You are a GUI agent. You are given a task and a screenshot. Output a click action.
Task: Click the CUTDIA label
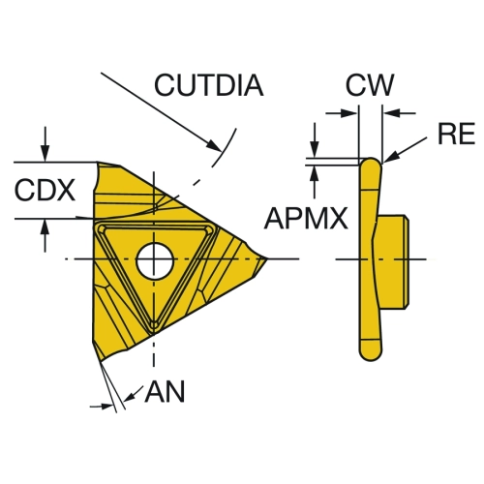click(209, 85)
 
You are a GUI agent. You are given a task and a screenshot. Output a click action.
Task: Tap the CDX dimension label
click(45, 190)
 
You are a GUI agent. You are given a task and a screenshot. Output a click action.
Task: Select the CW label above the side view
click(370, 85)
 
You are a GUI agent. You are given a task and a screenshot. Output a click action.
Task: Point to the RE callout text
click(456, 134)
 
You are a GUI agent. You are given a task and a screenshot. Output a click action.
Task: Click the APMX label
click(306, 218)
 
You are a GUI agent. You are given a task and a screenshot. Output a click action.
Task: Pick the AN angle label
click(165, 391)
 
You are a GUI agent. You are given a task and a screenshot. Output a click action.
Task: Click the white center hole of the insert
click(155, 260)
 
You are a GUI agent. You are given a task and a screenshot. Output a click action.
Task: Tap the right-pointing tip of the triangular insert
click(267, 258)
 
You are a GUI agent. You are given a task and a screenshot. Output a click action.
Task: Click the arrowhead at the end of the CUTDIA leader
click(214, 145)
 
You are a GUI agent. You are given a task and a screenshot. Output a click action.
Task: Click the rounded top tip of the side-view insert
click(371, 161)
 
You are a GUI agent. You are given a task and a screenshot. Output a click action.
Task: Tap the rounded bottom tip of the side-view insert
click(371, 355)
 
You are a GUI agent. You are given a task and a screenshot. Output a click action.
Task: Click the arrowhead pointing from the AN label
click(129, 398)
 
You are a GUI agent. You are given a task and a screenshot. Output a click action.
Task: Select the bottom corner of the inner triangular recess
click(154, 324)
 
